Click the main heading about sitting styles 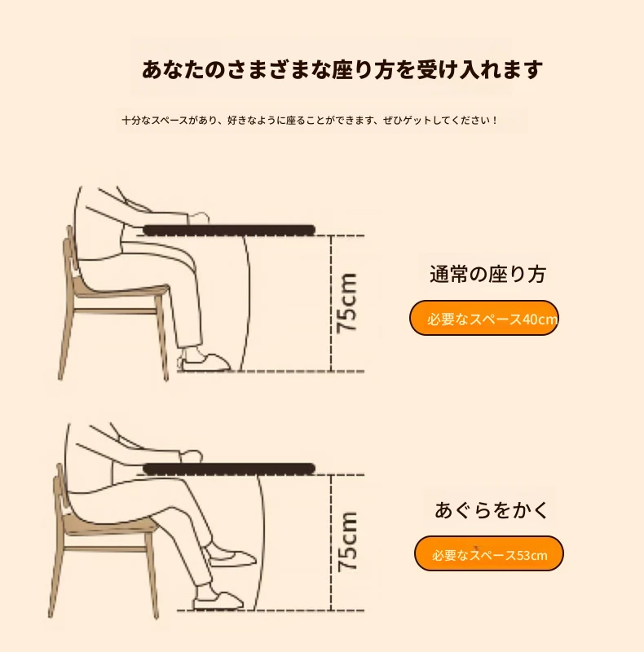click(342, 69)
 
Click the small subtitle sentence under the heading click(310, 121)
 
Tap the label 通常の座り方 click(487, 275)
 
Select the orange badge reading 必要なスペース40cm click(484, 318)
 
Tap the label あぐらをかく click(492, 510)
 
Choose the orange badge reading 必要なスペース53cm click(489, 554)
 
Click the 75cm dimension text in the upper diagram click(346, 302)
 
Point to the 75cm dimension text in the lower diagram click(347, 541)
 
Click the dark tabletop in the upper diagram click(229, 230)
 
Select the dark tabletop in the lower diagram click(229, 469)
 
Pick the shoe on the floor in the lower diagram click(218, 601)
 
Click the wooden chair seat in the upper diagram click(121, 290)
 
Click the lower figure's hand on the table click(192, 456)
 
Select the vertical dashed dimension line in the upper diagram click(331, 303)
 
